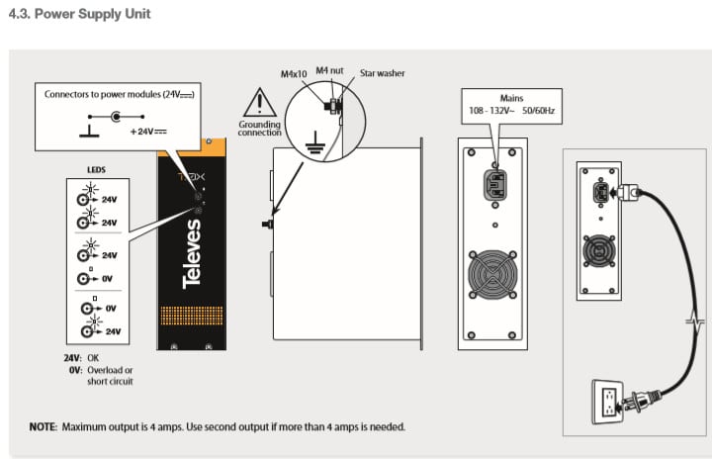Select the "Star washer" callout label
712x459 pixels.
383,72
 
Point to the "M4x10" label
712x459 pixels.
294,72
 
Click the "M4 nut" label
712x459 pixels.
330,71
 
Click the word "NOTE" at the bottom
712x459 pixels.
43,426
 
